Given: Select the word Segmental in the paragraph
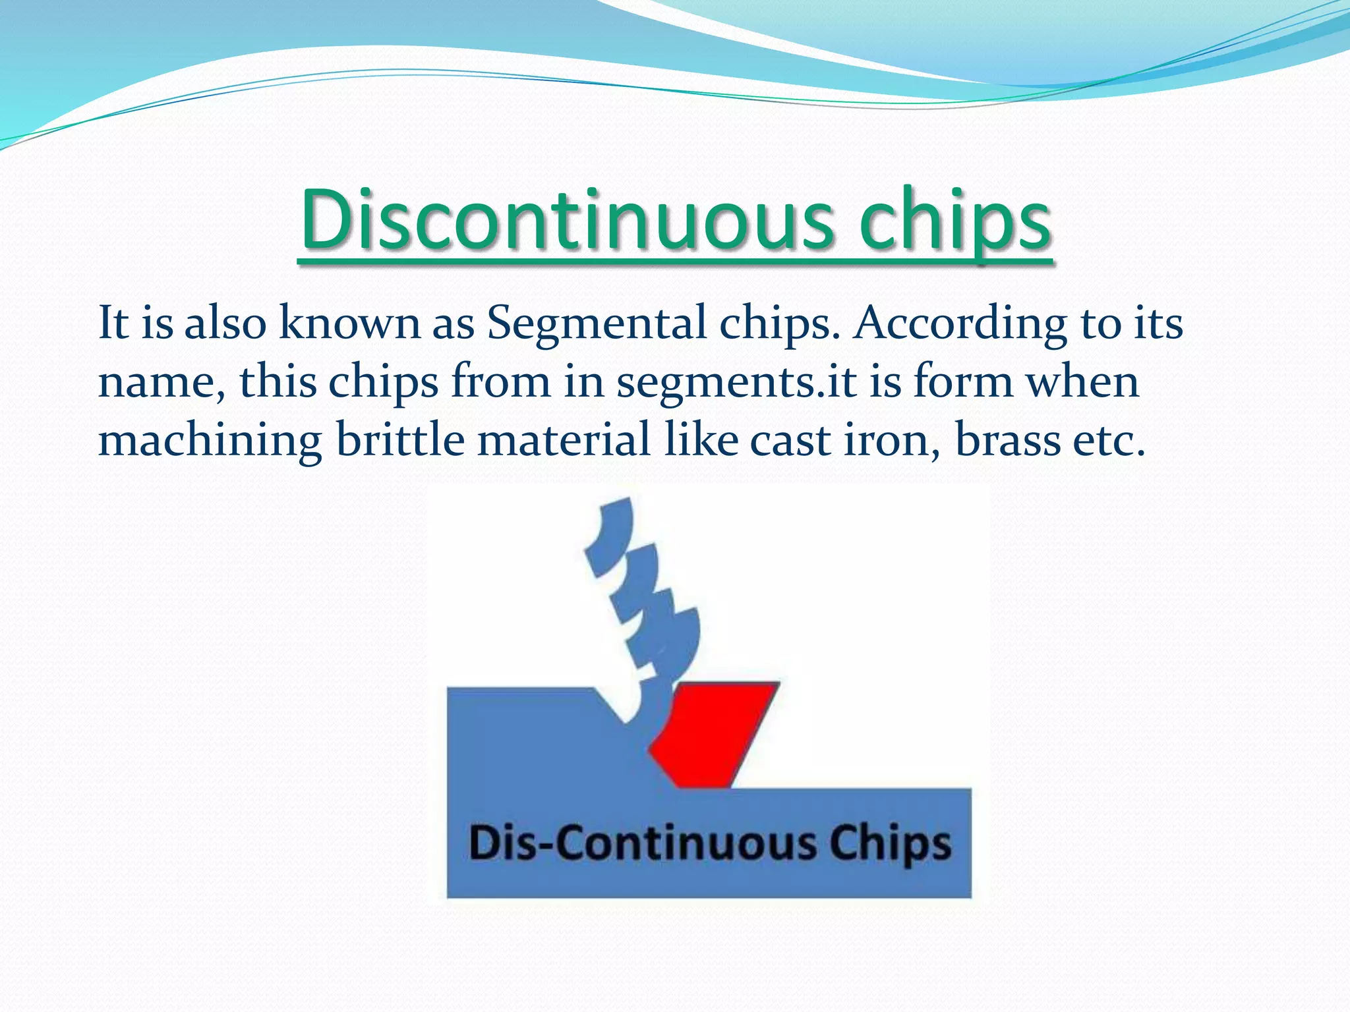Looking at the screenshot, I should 597,323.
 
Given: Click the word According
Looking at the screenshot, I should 960,323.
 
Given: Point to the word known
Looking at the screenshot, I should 349,323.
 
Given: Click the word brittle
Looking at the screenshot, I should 400,440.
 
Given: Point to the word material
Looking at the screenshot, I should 564,440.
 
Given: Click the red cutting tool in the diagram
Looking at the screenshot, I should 715,731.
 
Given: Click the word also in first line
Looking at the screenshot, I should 225,323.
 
